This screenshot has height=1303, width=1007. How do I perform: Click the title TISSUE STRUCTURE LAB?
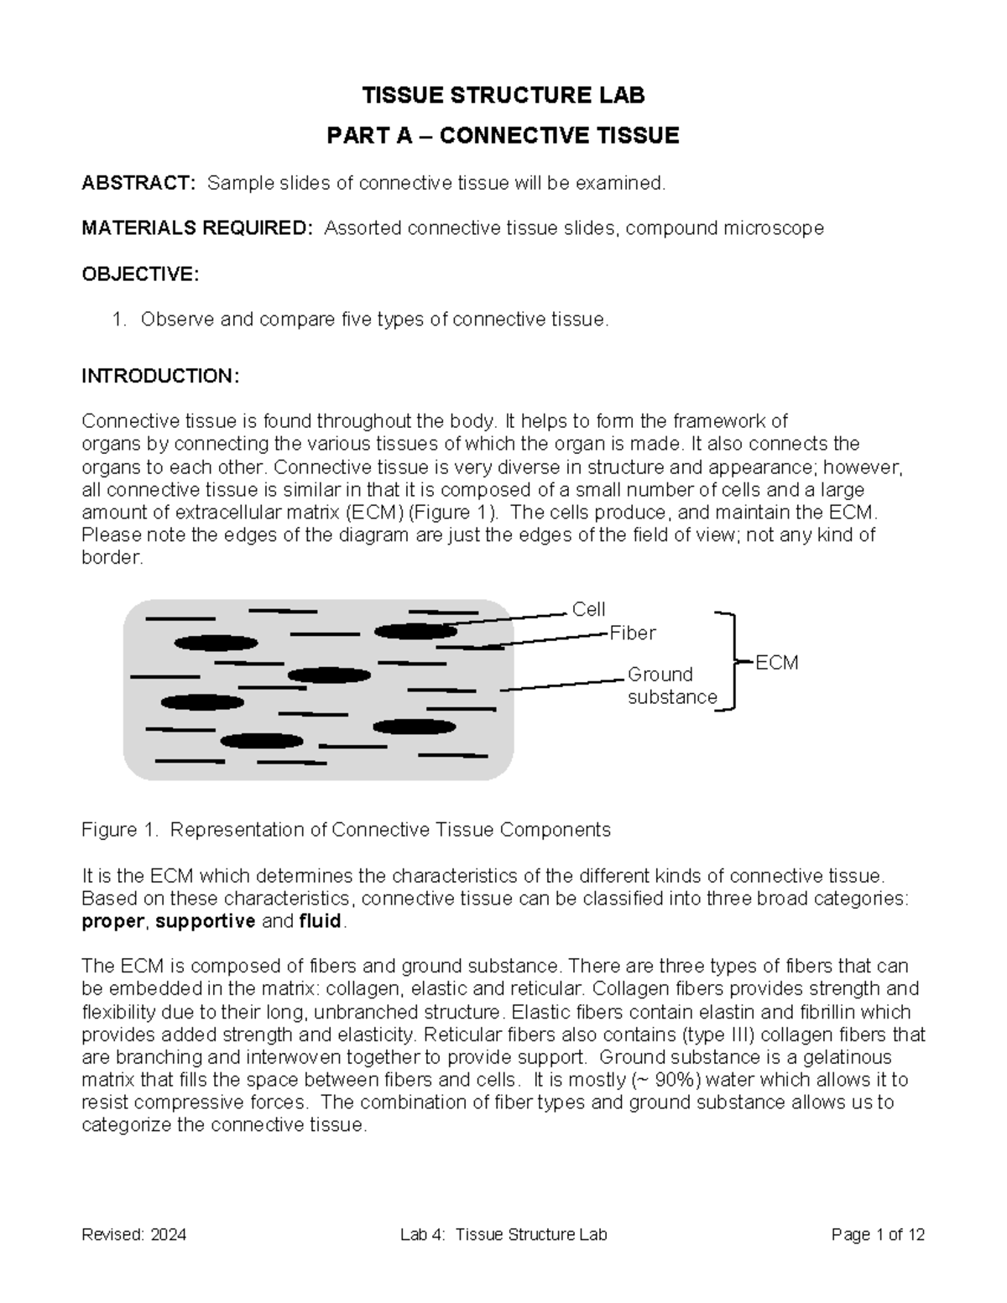(x=503, y=96)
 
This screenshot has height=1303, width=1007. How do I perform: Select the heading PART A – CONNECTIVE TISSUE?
(x=503, y=136)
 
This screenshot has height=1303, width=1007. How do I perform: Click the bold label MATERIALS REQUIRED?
(x=197, y=228)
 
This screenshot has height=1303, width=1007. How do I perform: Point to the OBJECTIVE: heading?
(x=140, y=274)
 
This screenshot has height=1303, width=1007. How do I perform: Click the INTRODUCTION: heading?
(x=160, y=376)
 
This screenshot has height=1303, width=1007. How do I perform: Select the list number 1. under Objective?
(x=119, y=320)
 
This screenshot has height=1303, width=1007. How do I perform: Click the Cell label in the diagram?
(x=588, y=609)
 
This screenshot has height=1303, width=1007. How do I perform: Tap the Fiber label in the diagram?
(x=632, y=633)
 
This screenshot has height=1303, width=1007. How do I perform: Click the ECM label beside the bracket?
(x=776, y=663)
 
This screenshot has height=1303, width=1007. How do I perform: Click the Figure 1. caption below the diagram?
(x=346, y=830)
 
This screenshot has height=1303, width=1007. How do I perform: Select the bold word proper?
(x=113, y=921)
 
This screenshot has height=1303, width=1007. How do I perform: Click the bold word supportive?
(x=206, y=921)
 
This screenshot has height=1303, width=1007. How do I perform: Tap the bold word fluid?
(x=320, y=921)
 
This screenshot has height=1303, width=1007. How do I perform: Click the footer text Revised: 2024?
(x=133, y=1235)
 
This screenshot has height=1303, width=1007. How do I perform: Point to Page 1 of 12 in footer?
(x=878, y=1235)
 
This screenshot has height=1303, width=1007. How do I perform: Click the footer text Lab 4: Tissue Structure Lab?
(x=503, y=1235)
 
